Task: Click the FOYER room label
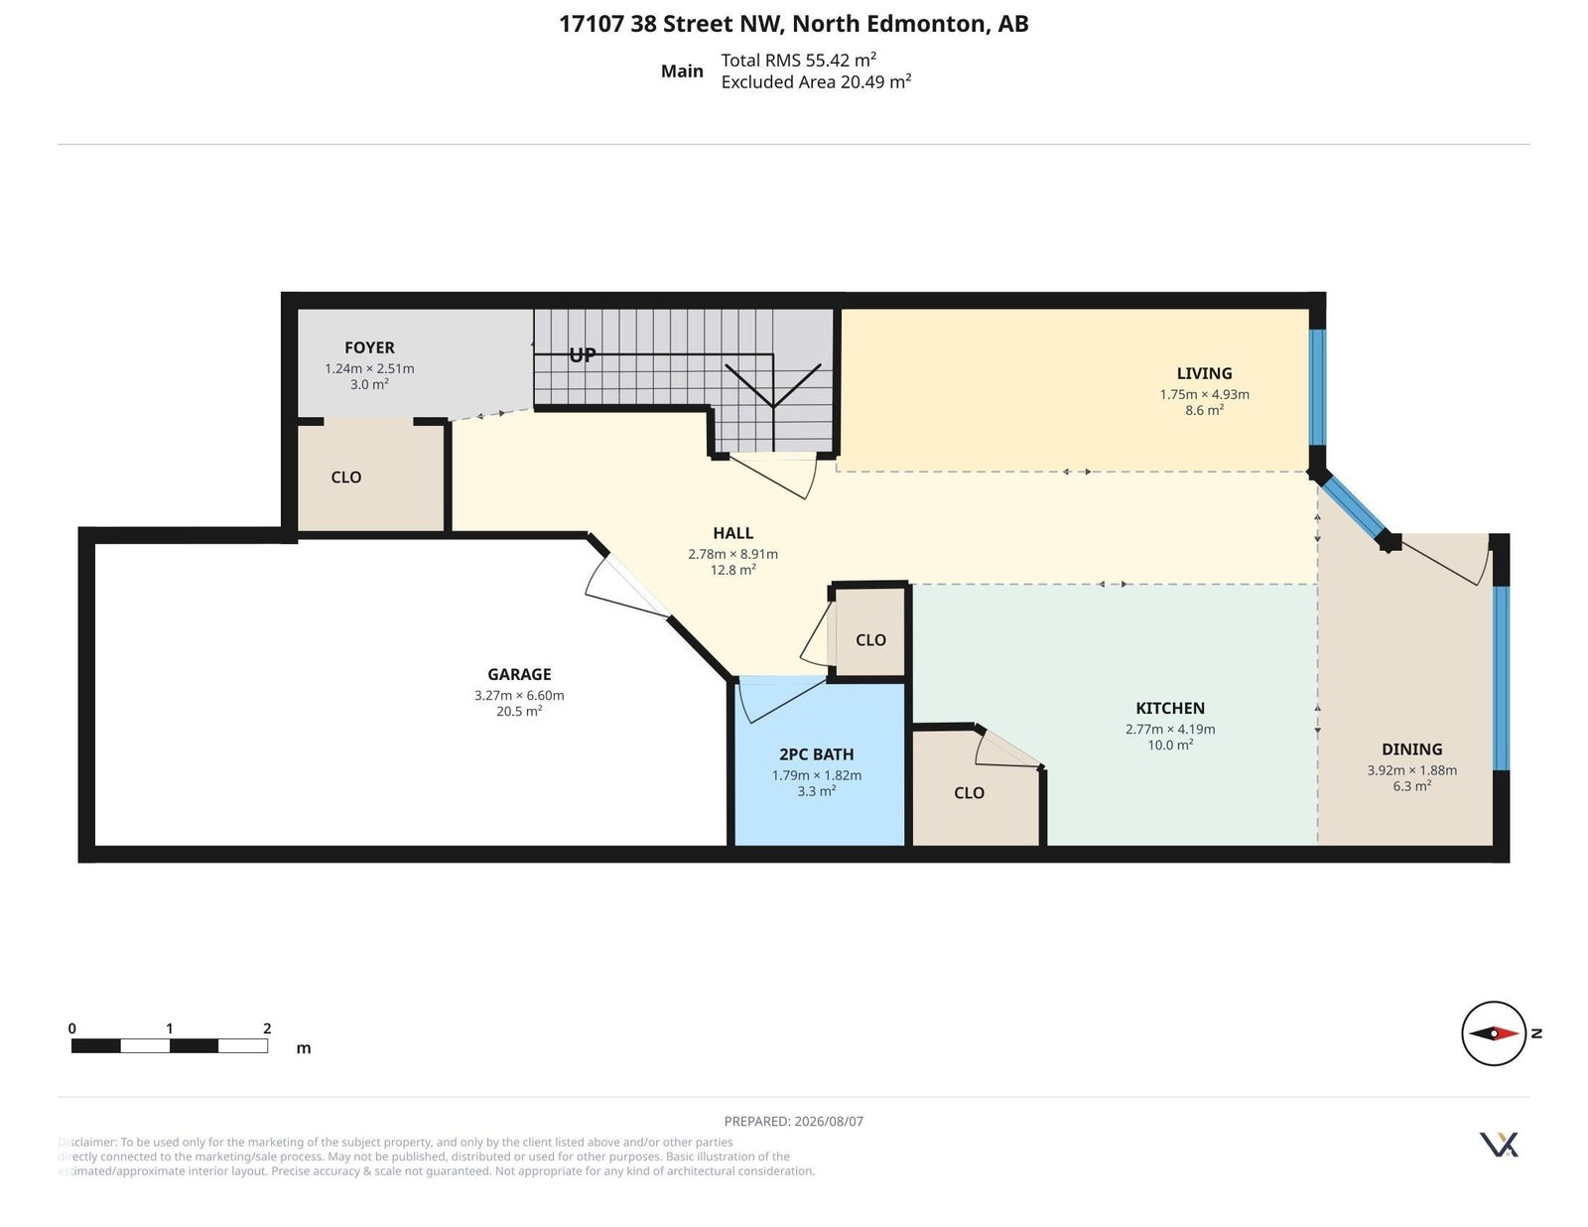pyautogui.click(x=369, y=347)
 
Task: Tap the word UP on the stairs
pyautogui.click(x=583, y=355)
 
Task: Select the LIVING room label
pyautogui.click(x=1204, y=373)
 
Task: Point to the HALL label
pyautogui.click(x=733, y=533)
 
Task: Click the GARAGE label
pyautogui.click(x=519, y=674)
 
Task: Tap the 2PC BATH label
pyautogui.click(x=816, y=754)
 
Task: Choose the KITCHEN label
pyautogui.click(x=1170, y=708)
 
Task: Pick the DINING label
pyautogui.click(x=1412, y=750)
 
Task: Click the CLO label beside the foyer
pyautogui.click(x=345, y=477)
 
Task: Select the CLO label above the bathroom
pyautogui.click(x=870, y=640)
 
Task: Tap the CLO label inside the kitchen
pyautogui.click(x=969, y=793)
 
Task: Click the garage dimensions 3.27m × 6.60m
pyautogui.click(x=519, y=695)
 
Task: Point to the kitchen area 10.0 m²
pyautogui.click(x=1170, y=745)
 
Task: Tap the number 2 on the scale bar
pyautogui.click(x=267, y=1028)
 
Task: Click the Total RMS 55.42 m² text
pyautogui.click(x=799, y=60)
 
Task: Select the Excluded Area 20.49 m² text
pyautogui.click(x=816, y=81)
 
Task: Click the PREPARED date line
pyautogui.click(x=794, y=1121)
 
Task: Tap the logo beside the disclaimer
pyautogui.click(x=1499, y=1145)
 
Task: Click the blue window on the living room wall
pyautogui.click(x=1317, y=387)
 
